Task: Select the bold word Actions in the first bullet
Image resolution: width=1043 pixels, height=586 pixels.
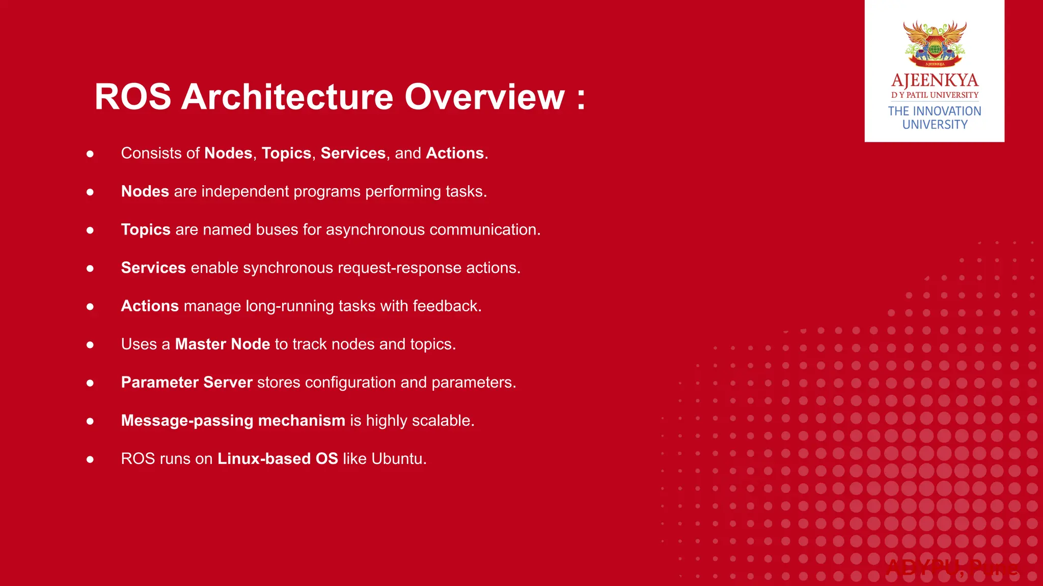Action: [454, 153]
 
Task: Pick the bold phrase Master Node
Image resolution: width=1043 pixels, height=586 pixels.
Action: [223, 344]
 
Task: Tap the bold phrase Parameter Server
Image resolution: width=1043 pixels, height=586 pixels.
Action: [186, 382]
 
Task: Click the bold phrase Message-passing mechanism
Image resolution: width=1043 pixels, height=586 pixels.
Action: [233, 421]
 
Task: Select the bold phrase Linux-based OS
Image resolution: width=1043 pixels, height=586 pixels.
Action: [278, 458]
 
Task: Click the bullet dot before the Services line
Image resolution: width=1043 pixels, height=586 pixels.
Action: [90, 268]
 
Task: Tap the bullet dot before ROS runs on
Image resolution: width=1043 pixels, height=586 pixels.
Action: [90, 459]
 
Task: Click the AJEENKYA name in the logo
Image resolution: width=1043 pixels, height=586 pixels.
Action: [935, 80]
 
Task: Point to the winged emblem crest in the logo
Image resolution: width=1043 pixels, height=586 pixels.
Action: [935, 44]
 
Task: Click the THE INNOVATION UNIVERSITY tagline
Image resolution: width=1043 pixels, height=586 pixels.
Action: [935, 118]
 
